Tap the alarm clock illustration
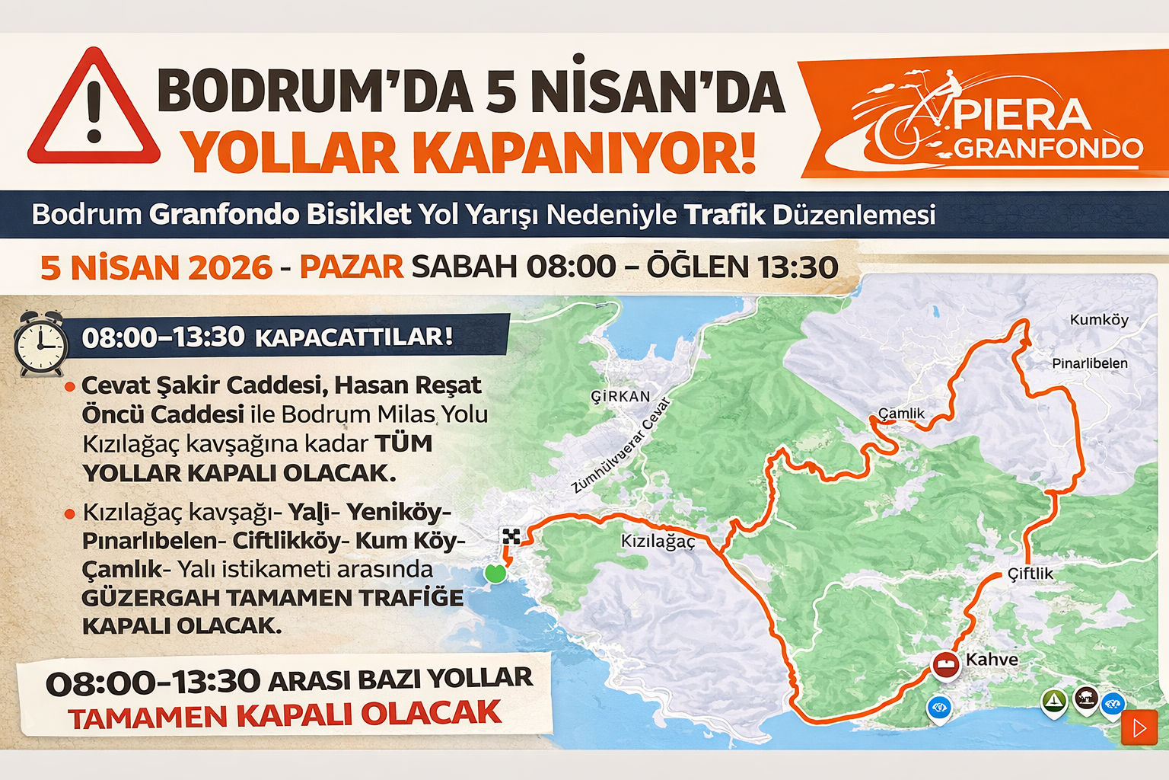[41, 344]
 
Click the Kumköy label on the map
[1098, 320]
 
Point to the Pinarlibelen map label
[1089, 363]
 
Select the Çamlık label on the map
[901, 414]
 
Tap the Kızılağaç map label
[658, 542]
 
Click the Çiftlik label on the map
[1030, 574]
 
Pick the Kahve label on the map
[992, 660]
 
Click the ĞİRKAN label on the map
[620, 396]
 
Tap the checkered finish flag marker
[511, 536]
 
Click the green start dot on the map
[495, 573]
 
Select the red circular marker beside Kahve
[946, 664]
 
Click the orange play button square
[1139, 728]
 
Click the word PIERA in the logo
[1021, 115]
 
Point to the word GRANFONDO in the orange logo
[1048, 149]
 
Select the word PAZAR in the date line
[351, 267]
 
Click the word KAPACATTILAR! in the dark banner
[354, 337]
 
